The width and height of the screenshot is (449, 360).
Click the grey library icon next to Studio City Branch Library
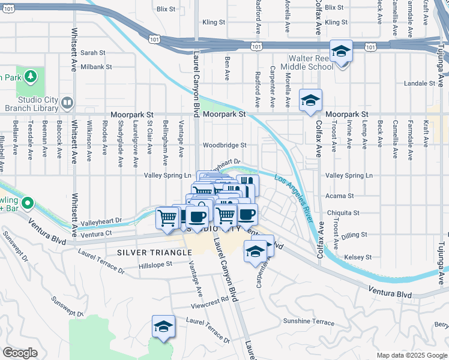pyautogui.click(x=67, y=104)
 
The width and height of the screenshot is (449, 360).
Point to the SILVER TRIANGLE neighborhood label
pyautogui.click(x=154, y=253)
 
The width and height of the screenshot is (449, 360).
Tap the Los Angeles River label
pyautogui.click(x=294, y=199)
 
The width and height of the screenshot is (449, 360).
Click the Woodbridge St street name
pyautogui.click(x=224, y=145)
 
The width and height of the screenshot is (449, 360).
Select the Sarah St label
pyautogui.click(x=92, y=53)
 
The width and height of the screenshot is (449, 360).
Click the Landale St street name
pyautogui.click(x=418, y=83)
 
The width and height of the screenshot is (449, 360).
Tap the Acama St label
pyautogui.click(x=339, y=196)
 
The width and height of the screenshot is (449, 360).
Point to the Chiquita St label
pyautogui.click(x=343, y=212)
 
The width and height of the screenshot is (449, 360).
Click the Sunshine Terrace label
pyautogui.click(x=309, y=322)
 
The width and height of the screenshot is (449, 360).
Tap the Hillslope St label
pyautogui.click(x=155, y=265)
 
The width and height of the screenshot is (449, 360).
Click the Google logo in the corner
pyautogui.click(x=20, y=352)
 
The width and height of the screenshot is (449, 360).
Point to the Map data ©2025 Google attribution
pyautogui.click(x=412, y=355)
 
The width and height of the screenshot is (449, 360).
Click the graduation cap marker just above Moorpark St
pyautogui.click(x=310, y=100)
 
